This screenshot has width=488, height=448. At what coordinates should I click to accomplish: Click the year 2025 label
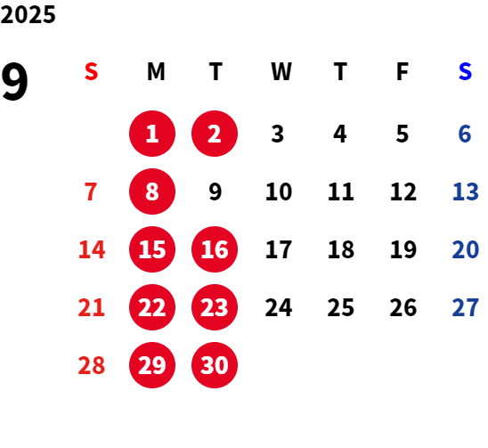[x=28, y=14]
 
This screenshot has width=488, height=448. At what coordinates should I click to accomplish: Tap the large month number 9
[x=14, y=81]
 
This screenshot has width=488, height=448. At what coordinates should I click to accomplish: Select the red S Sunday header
[x=91, y=71]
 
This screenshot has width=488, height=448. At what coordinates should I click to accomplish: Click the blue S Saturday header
[x=465, y=71]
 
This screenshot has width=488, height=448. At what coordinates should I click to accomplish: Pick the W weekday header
[x=281, y=71]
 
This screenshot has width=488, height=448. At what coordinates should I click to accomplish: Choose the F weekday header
[x=403, y=71]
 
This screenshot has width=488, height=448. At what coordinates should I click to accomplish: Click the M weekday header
[x=156, y=71]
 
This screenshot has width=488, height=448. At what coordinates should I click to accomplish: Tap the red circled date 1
[x=152, y=134]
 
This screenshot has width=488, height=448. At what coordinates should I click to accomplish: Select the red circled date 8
[x=152, y=191]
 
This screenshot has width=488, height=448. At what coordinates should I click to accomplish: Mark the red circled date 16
[x=215, y=249]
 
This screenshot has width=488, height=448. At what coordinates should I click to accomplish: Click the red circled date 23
[x=215, y=307]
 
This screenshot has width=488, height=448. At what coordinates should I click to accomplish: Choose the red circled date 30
[x=215, y=365]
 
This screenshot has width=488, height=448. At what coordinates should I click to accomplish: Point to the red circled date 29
[x=152, y=365]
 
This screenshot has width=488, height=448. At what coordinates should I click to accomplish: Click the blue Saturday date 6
[x=465, y=134]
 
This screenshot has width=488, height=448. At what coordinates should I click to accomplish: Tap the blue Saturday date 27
[x=465, y=307]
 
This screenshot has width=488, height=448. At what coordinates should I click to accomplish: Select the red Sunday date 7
[x=91, y=191]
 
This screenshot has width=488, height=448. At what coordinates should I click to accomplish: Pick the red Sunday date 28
[x=92, y=365]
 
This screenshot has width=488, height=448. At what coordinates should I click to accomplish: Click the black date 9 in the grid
[x=216, y=191]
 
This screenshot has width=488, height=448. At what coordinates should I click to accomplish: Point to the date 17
[x=279, y=249]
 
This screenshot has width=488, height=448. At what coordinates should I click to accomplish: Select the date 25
[x=341, y=307]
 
